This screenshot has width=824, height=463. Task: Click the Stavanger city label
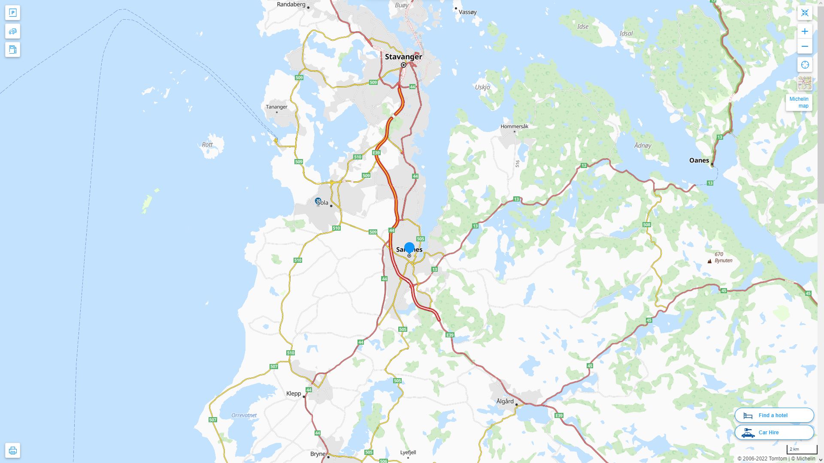(x=403, y=57)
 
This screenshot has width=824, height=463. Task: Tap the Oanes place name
(x=699, y=160)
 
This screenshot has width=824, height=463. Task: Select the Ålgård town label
(x=505, y=401)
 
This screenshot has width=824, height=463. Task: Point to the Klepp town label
(x=294, y=394)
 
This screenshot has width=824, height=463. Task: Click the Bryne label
(x=318, y=454)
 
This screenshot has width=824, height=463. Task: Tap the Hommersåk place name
(x=515, y=126)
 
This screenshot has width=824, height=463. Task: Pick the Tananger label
(x=276, y=107)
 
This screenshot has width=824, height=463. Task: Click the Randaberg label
(x=291, y=5)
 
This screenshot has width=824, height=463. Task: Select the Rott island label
(x=207, y=144)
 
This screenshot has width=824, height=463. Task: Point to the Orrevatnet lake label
(x=244, y=415)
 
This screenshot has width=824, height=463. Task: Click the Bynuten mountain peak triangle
(x=709, y=261)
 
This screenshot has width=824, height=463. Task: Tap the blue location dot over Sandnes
(x=409, y=247)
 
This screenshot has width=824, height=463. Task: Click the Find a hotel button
(x=774, y=415)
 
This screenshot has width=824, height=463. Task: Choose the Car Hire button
(x=774, y=432)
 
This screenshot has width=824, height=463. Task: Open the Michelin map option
(x=799, y=102)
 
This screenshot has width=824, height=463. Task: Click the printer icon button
(x=12, y=450)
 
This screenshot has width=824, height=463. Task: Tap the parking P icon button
(x=12, y=12)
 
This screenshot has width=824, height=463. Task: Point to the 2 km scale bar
(x=802, y=450)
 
